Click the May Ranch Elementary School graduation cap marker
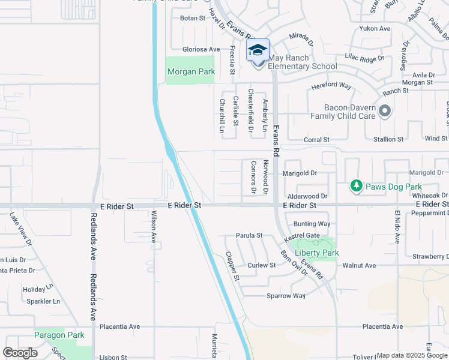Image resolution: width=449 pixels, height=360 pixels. pyautogui.click(x=258, y=50)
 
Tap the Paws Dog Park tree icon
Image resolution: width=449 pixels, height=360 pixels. pyautogui.click(x=357, y=187)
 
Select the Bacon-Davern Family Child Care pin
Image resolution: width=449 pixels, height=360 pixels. pyautogui.click(x=385, y=111)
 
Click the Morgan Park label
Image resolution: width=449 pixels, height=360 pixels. pyautogui.click(x=191, y=71)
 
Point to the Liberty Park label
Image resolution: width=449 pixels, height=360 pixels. pyautogui.click(x=316, y=253)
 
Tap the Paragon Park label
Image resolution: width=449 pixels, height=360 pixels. pyautogui.click(x=59, y=335)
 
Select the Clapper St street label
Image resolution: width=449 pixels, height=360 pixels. pyautogui.click(x=232, y=266)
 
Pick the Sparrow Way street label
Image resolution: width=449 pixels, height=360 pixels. pyautogui.click(x=286, y=296)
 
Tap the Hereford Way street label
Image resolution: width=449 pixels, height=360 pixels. pyautogui.click(x=331, y=86)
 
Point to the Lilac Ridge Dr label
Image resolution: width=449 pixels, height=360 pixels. pyautogui.click(x=364, y=58)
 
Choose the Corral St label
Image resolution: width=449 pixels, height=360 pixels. pyautogui.click(x=317, y=140)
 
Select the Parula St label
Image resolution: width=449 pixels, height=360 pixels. pyautogui.click(x=249, y=236)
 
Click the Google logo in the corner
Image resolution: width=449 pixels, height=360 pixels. pyautogui.click(x=20, y=353)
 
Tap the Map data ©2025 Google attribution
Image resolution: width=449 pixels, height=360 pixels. pyautogui.click(x=412, y=355)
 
